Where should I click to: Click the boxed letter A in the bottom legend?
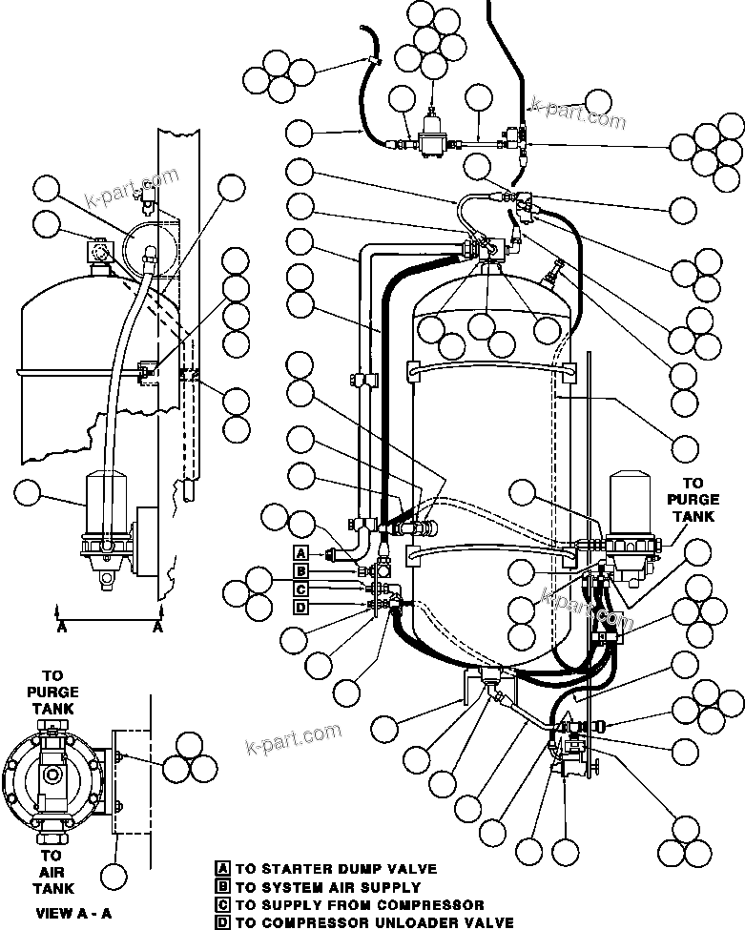click(x=222, y=869)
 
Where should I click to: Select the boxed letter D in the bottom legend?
click(x=222, y=922)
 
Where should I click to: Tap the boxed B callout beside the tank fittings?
click(x=300, y=571)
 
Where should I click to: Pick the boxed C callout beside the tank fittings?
click(x=300, y=589)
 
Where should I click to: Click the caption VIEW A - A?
click(x=73, y=913)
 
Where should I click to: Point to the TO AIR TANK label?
click(x=52, y=872)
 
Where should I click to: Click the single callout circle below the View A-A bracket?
click(x=115, y=876)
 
